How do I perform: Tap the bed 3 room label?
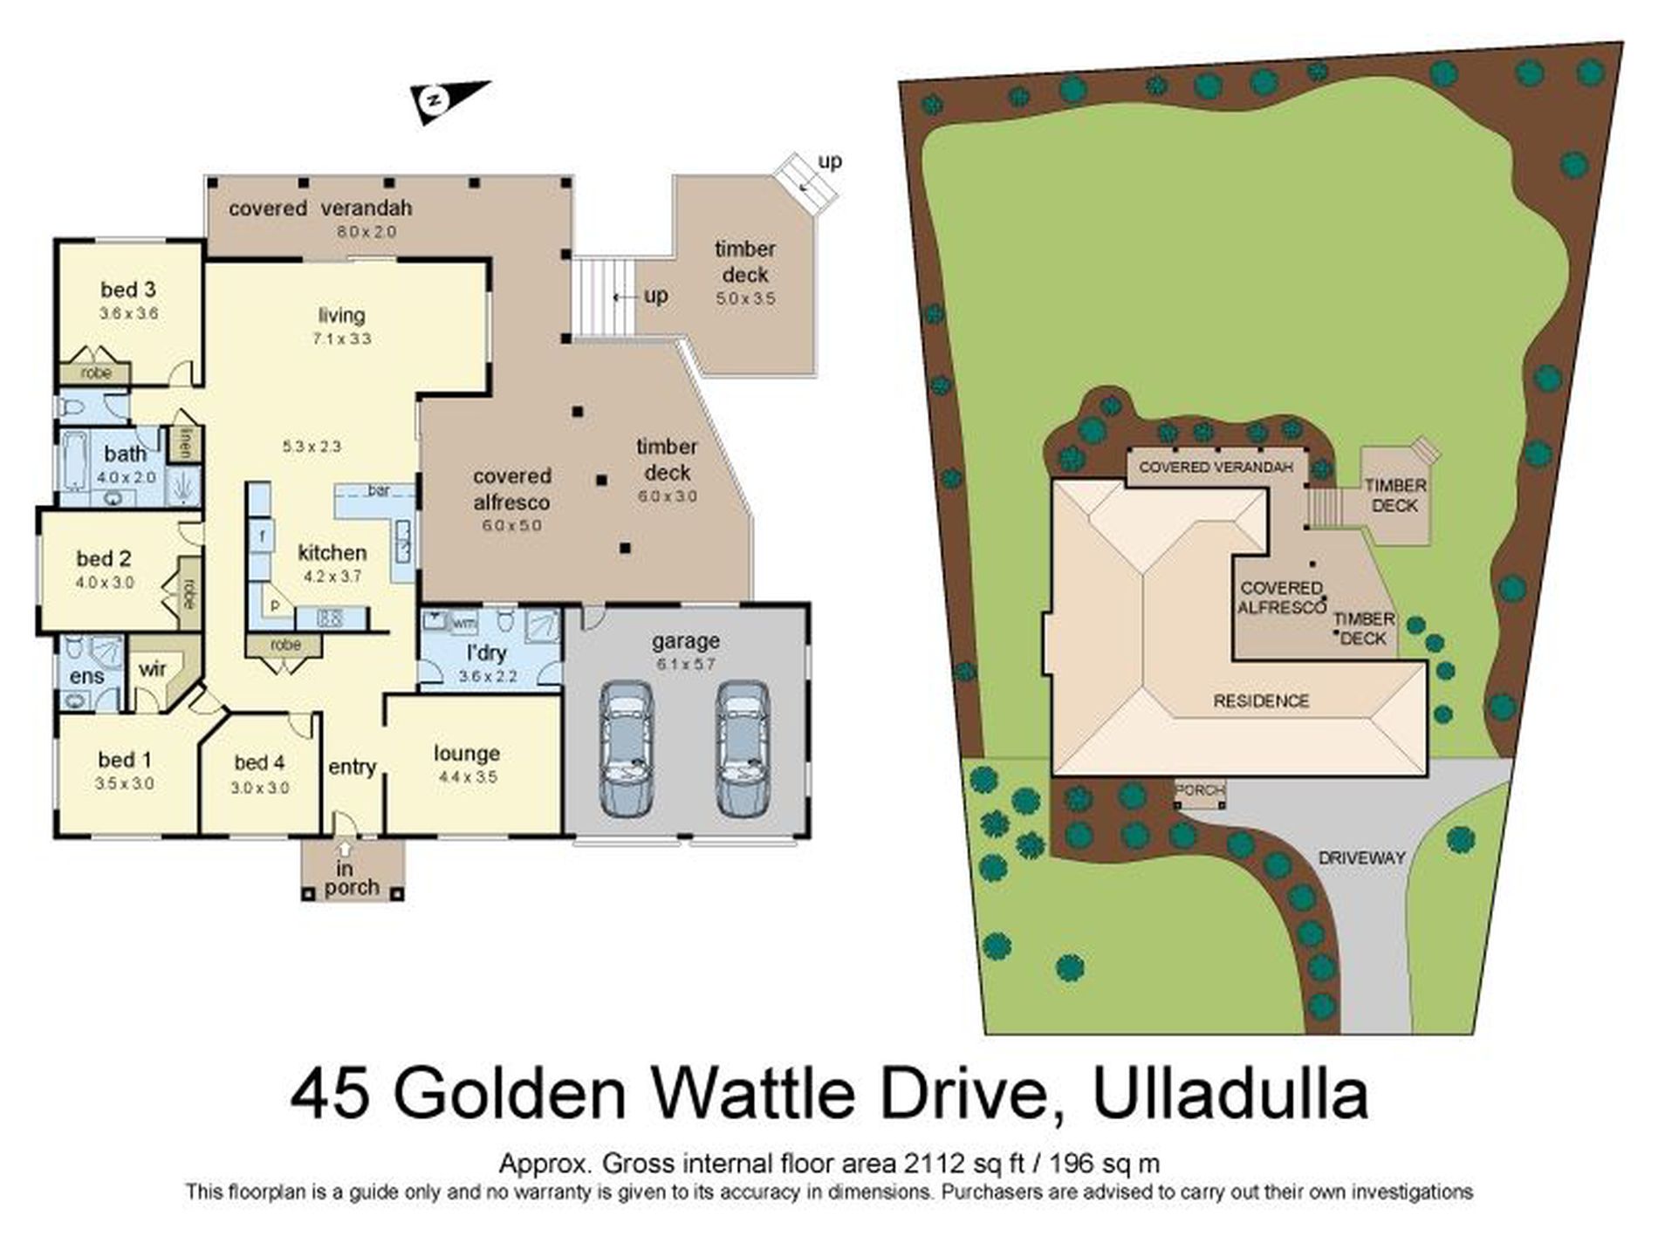127,290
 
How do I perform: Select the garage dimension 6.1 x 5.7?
686,664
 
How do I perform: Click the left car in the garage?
626,749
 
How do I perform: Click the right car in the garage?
743,749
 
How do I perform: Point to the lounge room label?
467,754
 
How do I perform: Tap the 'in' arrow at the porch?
346,847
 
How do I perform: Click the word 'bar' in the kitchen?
379,491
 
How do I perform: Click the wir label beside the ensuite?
152,670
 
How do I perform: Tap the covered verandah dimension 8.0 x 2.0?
367,232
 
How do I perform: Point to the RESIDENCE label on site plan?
1261,701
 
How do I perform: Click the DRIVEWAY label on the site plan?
1361,858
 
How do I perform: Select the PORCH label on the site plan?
1200,790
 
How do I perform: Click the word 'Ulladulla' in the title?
1230,1096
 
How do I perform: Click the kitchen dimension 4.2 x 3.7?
332,577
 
